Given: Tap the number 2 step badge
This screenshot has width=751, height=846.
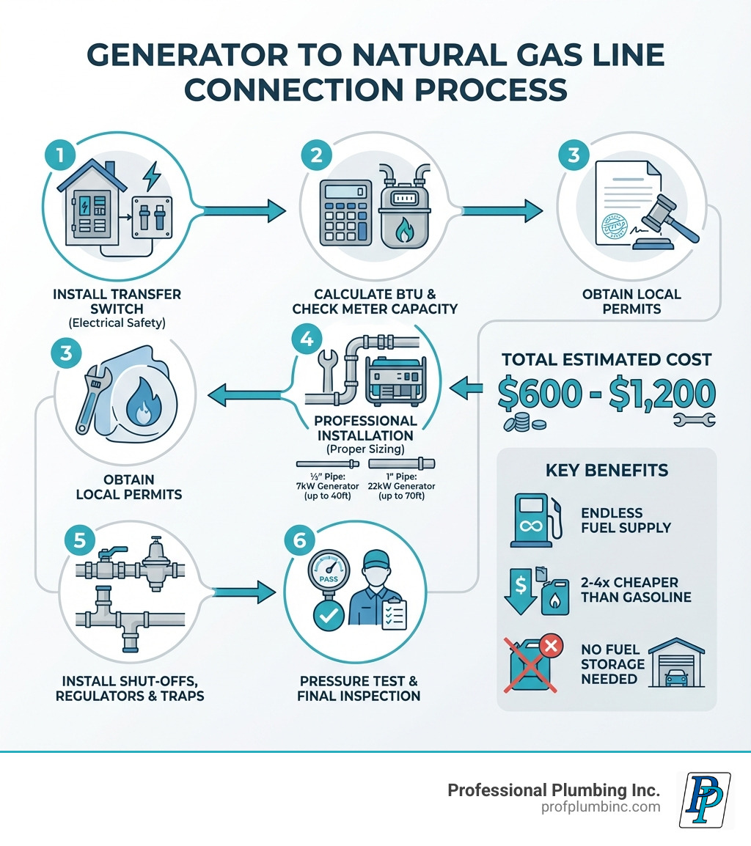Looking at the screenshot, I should pyautogui.click(x=316, y=156).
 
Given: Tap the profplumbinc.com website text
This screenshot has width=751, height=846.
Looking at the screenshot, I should pyautogui.click(x=599, y=807).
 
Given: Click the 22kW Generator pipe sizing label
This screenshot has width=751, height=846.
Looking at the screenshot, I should pyautogui.click(x=402, y=487).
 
